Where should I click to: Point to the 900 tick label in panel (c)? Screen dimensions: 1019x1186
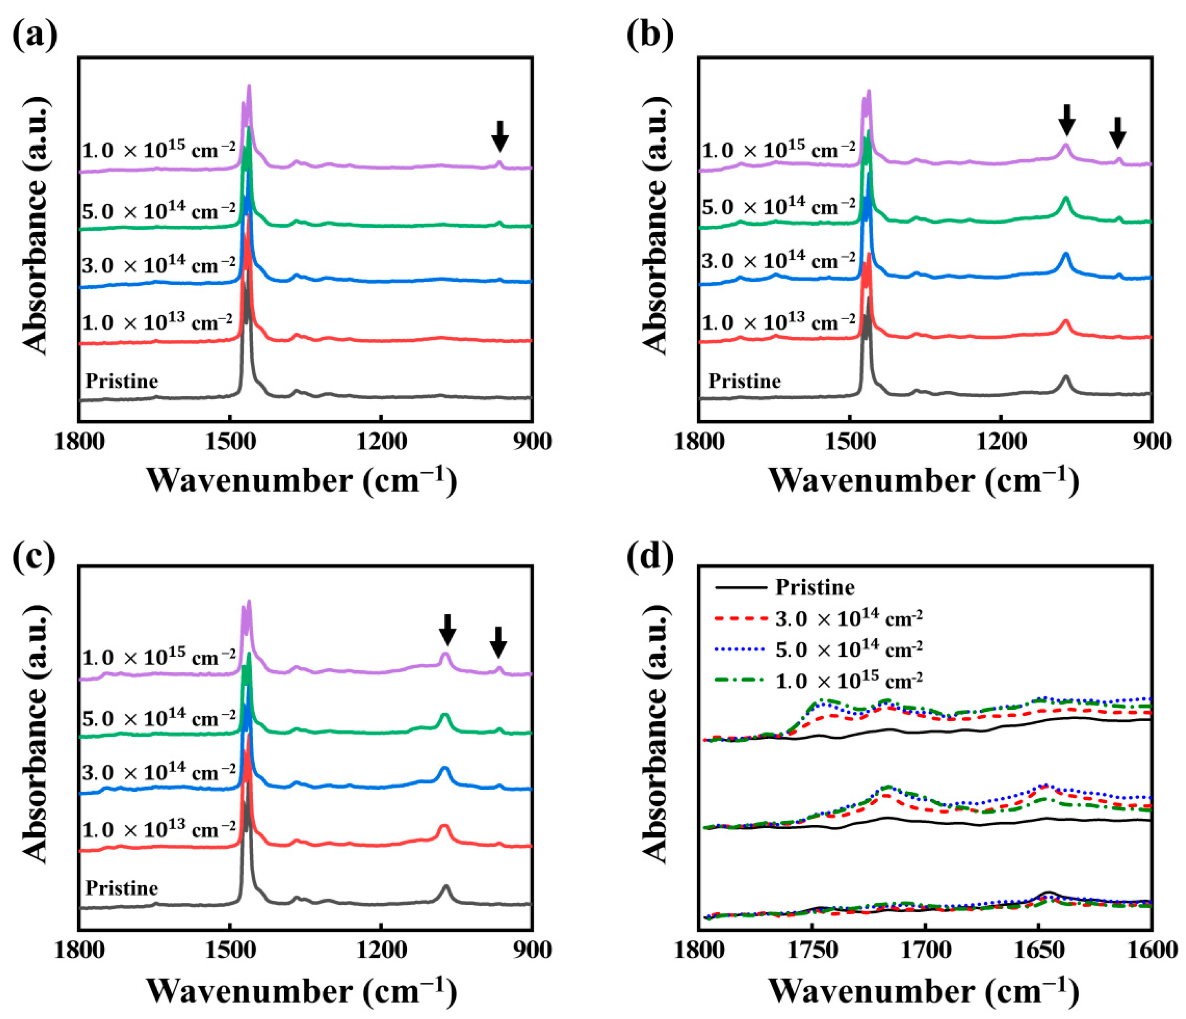(532, 949)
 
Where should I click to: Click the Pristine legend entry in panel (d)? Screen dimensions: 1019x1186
(815, 587)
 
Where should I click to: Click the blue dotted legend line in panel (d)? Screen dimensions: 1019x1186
(741, 649)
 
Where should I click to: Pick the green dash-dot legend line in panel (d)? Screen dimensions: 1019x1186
(741, 680)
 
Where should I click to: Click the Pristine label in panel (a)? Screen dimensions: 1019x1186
(122, 381)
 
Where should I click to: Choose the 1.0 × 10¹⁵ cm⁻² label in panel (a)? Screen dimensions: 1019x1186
(158, 150)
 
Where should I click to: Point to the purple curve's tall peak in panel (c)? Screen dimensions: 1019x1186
(248, 602)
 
